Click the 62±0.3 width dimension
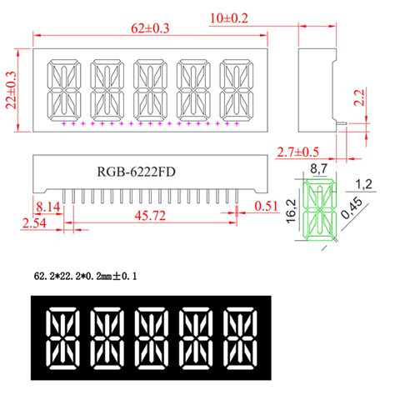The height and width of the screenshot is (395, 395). pyautogui.click(x=151, y=29)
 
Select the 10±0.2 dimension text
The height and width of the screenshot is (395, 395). pyautogui.click(x=319, y=17)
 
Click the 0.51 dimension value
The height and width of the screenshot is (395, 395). pyautogui.click(x=267, y=204)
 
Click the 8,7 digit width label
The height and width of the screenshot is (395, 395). pyautogui.click(x=317, y=169)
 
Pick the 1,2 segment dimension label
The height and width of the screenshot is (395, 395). pyautogui.click(x=363, y=183)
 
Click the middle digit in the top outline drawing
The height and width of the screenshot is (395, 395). pyautogui.click(x=151, y=88)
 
